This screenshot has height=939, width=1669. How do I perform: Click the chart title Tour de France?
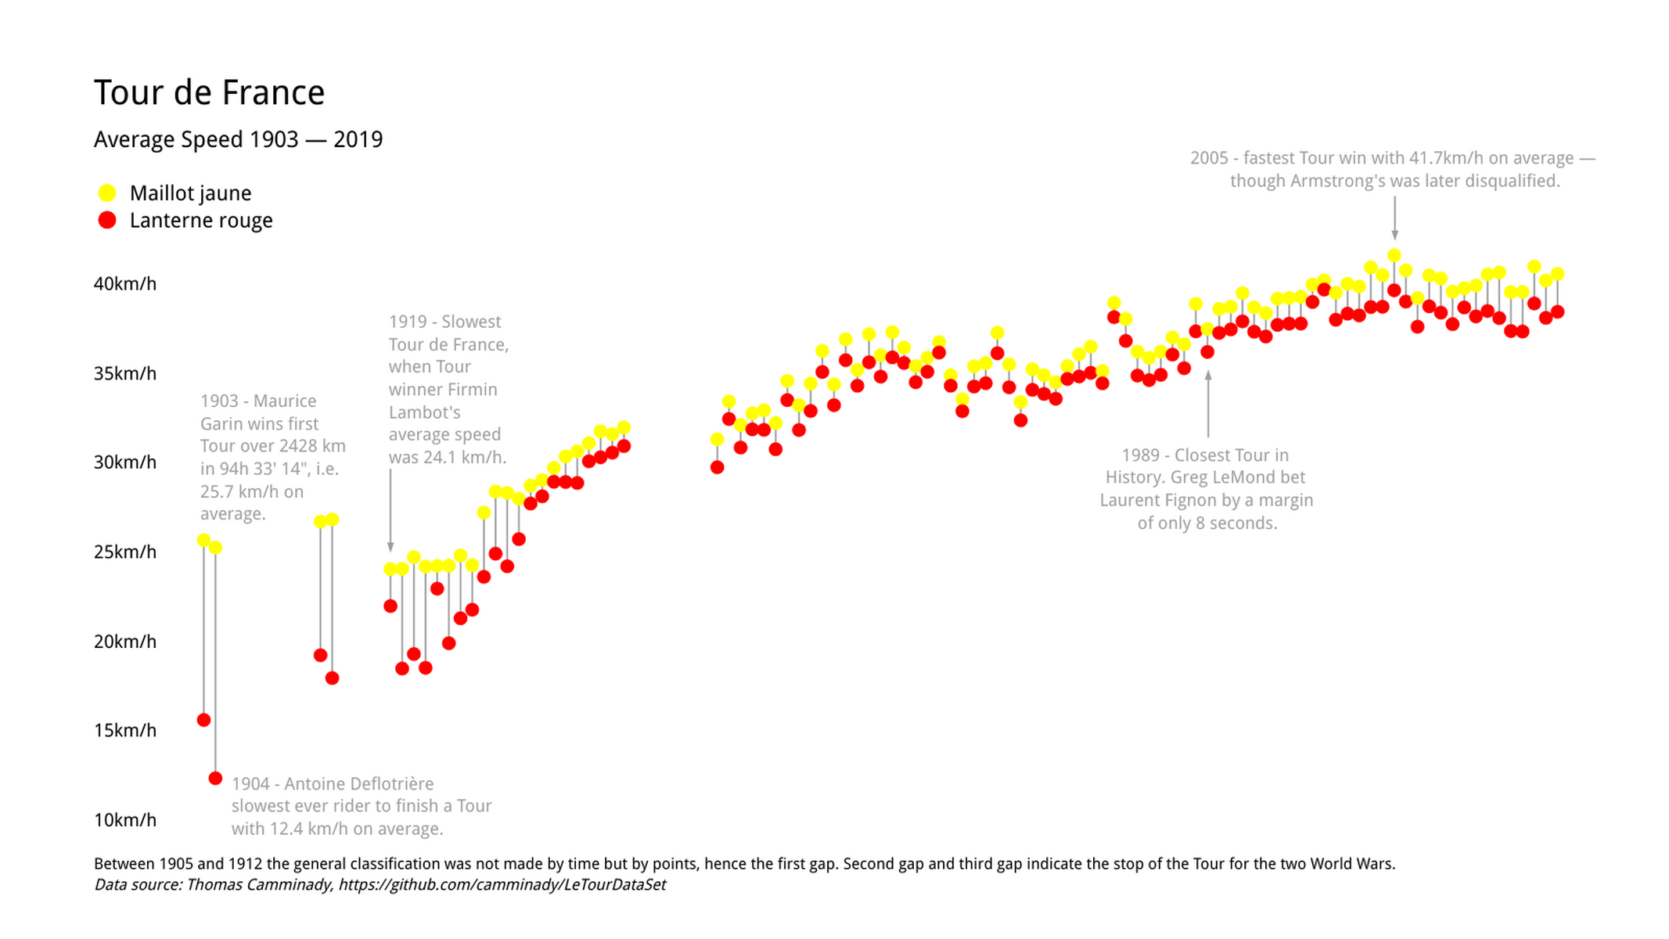click(209, 93)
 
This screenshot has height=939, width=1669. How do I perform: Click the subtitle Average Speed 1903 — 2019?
click(238, 140)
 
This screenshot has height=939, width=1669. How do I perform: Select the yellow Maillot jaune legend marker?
click(107, 193)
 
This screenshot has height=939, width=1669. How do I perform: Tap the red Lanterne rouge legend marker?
click(107, 221)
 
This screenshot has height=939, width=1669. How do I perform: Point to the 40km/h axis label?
click(125, 284)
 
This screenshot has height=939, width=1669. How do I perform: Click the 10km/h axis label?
click(125, 820)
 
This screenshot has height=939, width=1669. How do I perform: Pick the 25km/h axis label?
click(125, 552)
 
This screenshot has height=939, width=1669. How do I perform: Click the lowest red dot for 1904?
click(215, 779)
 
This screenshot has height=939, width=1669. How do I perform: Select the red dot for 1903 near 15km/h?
click(203, 720)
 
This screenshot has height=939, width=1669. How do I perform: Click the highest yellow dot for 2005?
click(1394, 256)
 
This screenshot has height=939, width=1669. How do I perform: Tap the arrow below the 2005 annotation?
click(1394, 219)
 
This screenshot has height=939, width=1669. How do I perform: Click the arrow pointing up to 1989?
click(1208, 403)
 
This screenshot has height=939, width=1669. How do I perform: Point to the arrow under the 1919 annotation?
click(390, 509)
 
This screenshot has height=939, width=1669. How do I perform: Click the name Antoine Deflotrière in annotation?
click(358, 784)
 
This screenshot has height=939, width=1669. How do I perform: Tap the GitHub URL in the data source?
click(502, 885)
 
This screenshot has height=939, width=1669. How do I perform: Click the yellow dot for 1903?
click(203, 541)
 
